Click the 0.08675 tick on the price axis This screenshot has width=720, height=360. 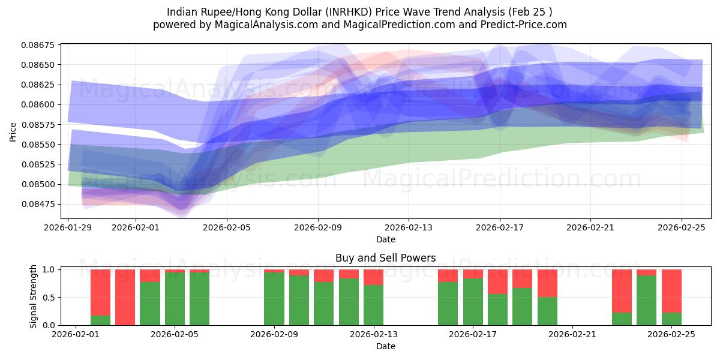(38, 45)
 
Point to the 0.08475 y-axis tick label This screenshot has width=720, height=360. (38, 204)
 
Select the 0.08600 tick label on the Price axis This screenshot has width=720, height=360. (38, 104)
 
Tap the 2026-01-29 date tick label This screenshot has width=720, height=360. (68, 227)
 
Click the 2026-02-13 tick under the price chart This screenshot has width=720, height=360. (409, 227)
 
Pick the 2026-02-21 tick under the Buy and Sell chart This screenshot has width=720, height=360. (572, 334)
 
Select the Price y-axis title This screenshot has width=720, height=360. (13, 131)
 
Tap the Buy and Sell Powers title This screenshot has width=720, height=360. (385, 258)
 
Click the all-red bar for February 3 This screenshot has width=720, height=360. (125, 297)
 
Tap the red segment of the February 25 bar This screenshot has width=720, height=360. (671, 290)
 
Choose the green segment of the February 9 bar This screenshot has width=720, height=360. (274, 299)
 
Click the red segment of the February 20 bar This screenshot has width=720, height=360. (547, 283)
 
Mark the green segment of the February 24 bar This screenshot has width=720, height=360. (646, 300)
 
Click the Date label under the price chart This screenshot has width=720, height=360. (385, 239)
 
